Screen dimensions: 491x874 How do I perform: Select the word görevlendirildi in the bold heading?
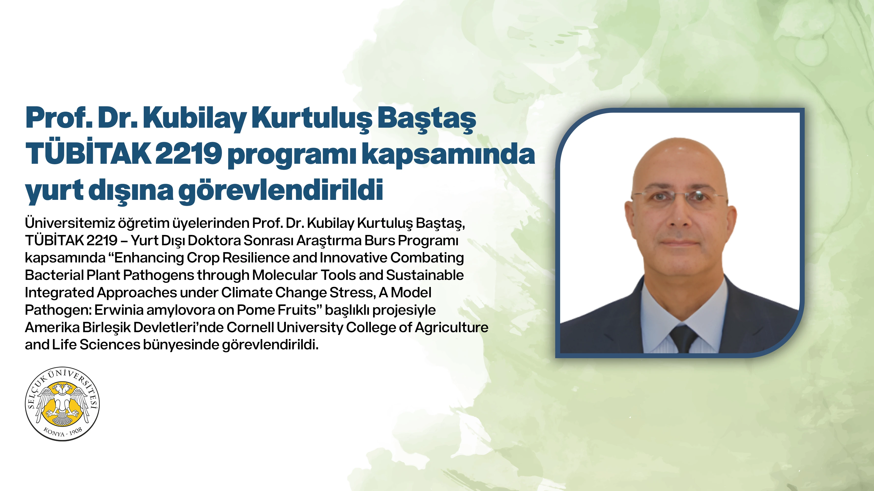(281, 191)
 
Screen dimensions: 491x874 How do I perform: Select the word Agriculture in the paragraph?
(451, 327)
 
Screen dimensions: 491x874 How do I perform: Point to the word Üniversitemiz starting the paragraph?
(70, 223)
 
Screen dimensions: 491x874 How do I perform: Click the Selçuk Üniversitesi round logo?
(62, 404)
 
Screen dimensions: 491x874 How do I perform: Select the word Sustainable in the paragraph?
(425, 275)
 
